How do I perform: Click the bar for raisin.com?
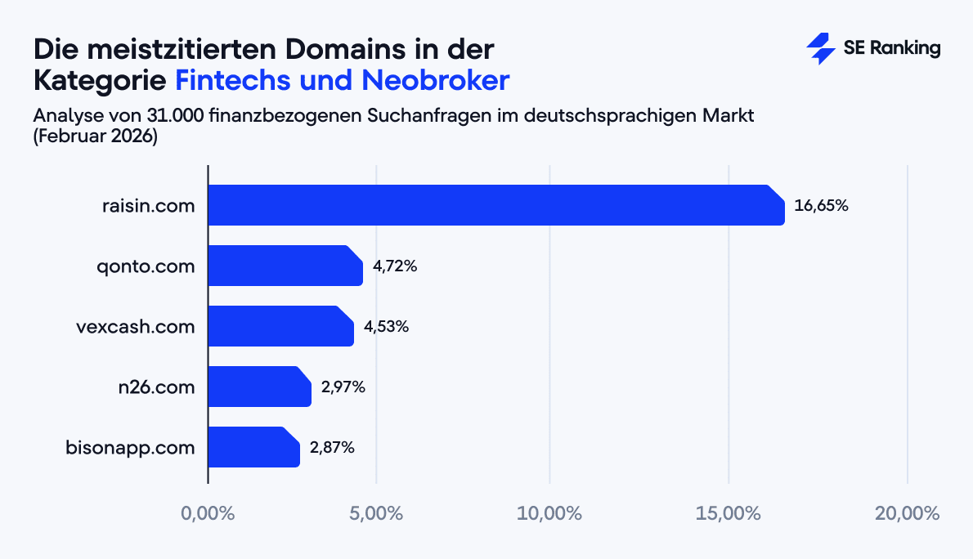point(495,205)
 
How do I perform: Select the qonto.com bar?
point(285,266)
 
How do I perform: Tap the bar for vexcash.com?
point(280,326)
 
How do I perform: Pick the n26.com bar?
point(259,387)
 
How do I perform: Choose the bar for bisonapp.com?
point(253,447)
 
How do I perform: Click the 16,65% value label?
point(821,206)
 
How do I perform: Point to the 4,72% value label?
point(395,266)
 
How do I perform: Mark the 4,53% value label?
point(386,327)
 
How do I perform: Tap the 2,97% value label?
point(343,387)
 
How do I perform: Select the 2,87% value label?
point(332,448)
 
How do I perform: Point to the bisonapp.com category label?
point(130,448)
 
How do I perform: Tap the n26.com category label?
point(156,387)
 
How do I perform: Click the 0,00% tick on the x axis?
point(208,514)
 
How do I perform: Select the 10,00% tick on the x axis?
point(549,514)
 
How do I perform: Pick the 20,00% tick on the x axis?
point(907,514)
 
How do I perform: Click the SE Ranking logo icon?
point(820,49)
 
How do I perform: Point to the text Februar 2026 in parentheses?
point(95,136)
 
